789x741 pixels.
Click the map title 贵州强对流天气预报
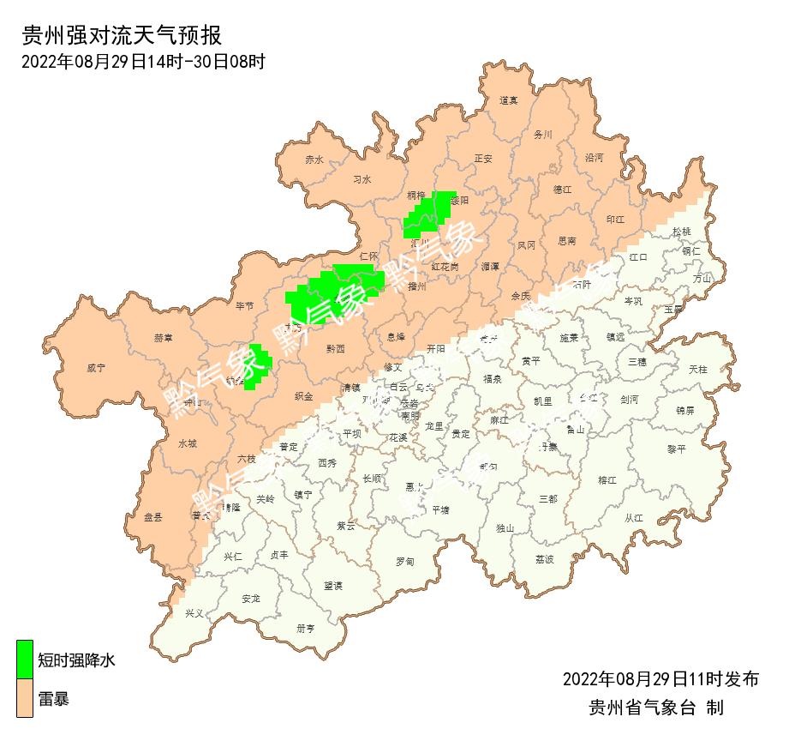click(121, 36)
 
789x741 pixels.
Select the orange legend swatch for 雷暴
click(25, 698)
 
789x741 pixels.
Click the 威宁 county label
click(96, 368)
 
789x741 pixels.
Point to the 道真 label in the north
click(509, 100)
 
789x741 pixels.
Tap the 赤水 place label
click(314, 160)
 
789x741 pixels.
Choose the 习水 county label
click(362, 180)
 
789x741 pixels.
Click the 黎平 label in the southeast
click(677, 449)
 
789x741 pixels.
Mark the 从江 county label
click(634, 517)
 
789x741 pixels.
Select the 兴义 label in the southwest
click(195, 613)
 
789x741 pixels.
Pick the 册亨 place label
click(306, 628)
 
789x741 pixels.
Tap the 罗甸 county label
click(404, 562)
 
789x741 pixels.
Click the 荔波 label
click(545, 558)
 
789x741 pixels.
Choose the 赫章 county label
click(164, 338)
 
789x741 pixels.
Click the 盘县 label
click(153, 516)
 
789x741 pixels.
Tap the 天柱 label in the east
click(698, 369)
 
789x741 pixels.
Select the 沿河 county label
click(594, 159)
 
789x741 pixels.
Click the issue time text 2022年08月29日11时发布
click(660, 679)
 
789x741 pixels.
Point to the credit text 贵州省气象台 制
click(656, 708)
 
